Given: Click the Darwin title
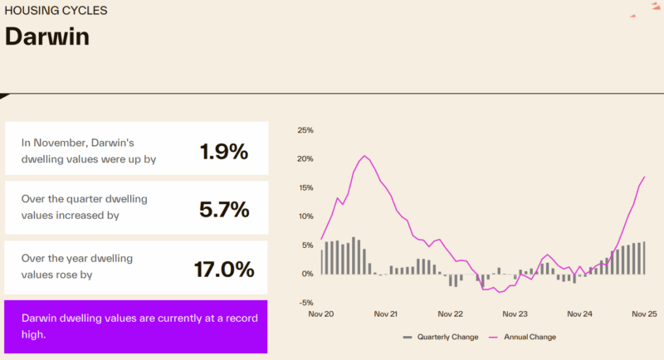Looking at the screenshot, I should click(46, 38).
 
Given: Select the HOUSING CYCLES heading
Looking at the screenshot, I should click(55, 12).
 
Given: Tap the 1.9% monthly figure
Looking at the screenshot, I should click(223, 152).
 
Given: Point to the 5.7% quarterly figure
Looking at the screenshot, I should click(224, 210).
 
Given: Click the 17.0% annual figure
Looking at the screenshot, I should click(223, 270).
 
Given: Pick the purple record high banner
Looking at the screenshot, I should click(136, 327).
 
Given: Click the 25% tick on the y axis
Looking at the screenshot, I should click(305, 130).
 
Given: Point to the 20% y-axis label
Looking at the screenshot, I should click(305, 159).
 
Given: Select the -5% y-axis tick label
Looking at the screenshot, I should click(305, 302).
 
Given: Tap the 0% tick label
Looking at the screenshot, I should click(307, 274).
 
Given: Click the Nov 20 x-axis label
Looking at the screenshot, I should click(320, 315).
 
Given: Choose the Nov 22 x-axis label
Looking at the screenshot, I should click(450, 315).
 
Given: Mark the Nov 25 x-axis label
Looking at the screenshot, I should click(644, 315).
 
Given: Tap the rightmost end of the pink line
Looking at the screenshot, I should click(644, 177).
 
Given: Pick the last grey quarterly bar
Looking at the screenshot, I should click(644, 258).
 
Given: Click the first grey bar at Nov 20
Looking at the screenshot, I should click(321, 261).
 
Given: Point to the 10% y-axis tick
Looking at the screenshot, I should click(305, 216).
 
